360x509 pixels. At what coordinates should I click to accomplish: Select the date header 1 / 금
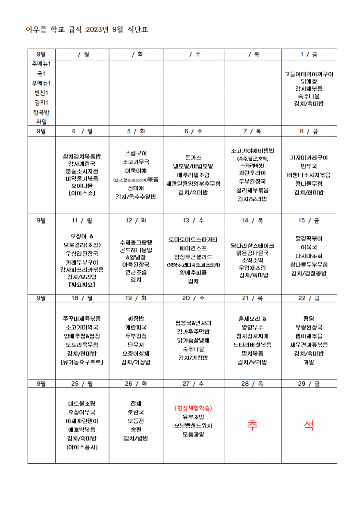[309, 54]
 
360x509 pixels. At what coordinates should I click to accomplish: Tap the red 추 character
[252, 425]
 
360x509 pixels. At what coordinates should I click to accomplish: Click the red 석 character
[309, 425]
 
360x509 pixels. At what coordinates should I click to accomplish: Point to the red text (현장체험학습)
[193, 408]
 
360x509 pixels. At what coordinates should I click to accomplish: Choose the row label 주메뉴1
[41, 63]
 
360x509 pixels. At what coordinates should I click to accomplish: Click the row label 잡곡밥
[41, 112]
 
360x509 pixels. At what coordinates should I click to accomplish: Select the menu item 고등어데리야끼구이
[309, 74]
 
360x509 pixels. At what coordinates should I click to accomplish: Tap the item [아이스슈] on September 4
[82, 193]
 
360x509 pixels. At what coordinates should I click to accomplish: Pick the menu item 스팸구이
[136, 153]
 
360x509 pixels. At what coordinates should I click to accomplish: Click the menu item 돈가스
[193, 158]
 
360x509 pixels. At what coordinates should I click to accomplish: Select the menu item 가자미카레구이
[309, 158]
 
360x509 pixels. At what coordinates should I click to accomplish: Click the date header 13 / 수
[193, 220]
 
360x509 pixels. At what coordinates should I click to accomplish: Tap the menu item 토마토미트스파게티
[193, 239]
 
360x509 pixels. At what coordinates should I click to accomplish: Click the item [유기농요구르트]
[82, 362]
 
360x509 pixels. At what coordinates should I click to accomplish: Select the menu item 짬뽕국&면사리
[193, 323]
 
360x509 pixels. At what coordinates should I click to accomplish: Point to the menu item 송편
[136, 429]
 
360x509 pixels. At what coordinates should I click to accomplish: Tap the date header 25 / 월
[82, 383]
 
